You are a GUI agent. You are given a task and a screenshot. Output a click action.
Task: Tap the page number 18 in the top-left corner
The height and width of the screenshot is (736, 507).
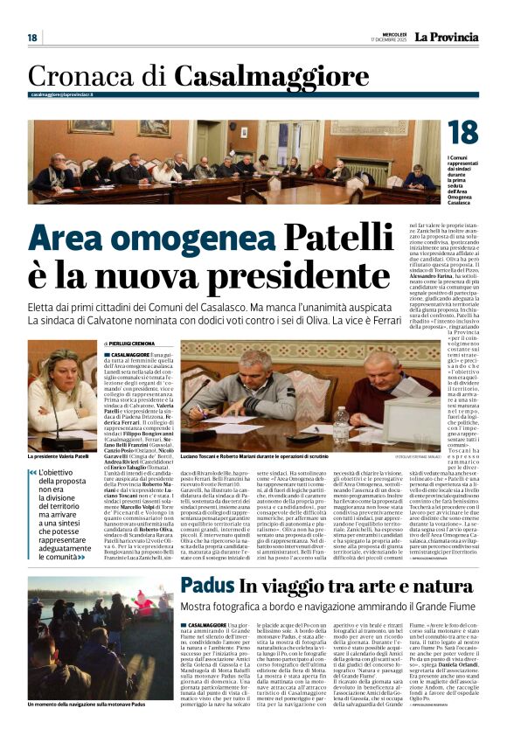pyautogui.click(x=32, y=38)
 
